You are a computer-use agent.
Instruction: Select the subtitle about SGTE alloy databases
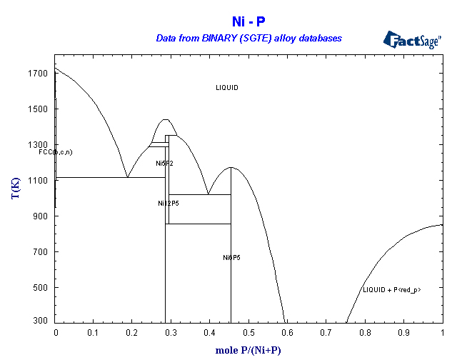[x=249, y=37]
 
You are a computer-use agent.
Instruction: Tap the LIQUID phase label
[x=227, y=88]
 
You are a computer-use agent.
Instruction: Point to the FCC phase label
[x=56, y=152]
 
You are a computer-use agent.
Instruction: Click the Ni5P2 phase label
[x=164, y=164]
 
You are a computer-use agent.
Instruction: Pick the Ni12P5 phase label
[x=169, y=204]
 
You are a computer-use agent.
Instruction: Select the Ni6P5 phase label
[x=231, y=257]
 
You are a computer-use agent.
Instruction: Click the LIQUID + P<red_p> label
[x=392, y=289]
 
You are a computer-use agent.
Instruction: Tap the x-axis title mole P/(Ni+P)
[x=249, y=351]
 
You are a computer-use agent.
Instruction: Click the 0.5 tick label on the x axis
[x=249, y=333]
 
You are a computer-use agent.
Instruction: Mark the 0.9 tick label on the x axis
[x=404, y=333]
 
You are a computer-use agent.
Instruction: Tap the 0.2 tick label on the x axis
[x=133, y=333]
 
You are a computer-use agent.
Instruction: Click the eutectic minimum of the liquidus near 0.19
[x=128, y=176]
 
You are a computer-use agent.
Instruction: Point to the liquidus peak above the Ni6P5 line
[x=231, y=168]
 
